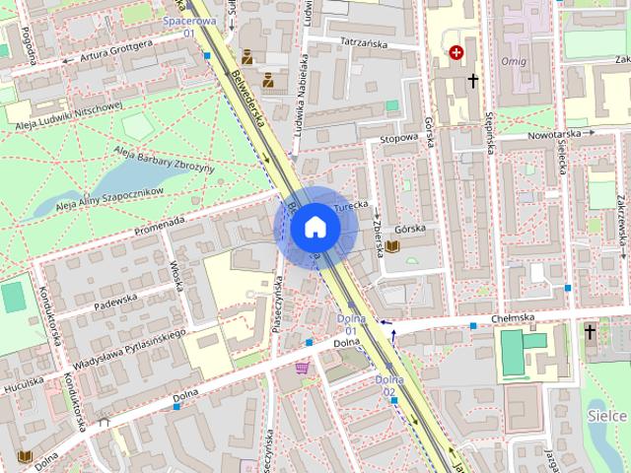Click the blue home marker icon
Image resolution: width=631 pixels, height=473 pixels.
pos(315,227)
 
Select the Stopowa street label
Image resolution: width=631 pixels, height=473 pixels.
pos(399,139)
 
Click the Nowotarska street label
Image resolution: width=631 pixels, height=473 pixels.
pos(555,133)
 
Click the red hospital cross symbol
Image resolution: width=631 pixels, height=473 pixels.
pos(456,51)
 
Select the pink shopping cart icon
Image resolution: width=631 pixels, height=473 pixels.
pos(302,368)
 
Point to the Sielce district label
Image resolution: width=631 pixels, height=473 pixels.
pos(609,417)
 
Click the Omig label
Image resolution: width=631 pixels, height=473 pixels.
pos(514,62)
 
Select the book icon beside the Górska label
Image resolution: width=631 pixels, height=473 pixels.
pos(392,244)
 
